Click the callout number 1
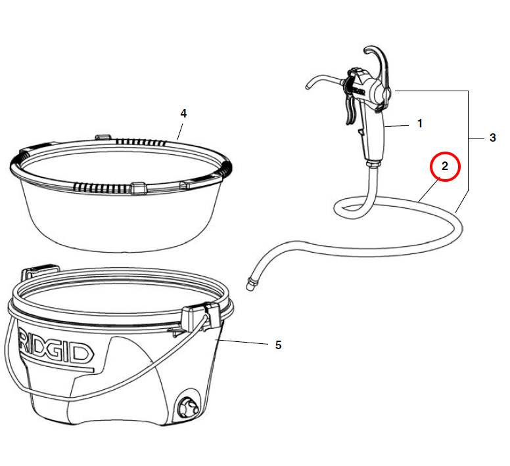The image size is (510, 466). [x=420, y=123]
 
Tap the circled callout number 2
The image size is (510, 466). [x=445, y=166]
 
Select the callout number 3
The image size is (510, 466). [x=493, y=138]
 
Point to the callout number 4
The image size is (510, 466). [x=183, y=114]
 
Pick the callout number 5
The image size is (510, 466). [x=278, y=345]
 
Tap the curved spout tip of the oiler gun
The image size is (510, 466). [x=308, y=87]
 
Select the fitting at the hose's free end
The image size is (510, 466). [x=251, y=284]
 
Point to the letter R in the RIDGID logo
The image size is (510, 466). [x=26, y=345]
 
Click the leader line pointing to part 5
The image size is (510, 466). [x=243, y=342]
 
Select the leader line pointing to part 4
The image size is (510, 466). [x=180, y=131]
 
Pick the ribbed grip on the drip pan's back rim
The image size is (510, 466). [x=141, y=142]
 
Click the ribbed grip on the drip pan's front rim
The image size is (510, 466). [x=103, y=188]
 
